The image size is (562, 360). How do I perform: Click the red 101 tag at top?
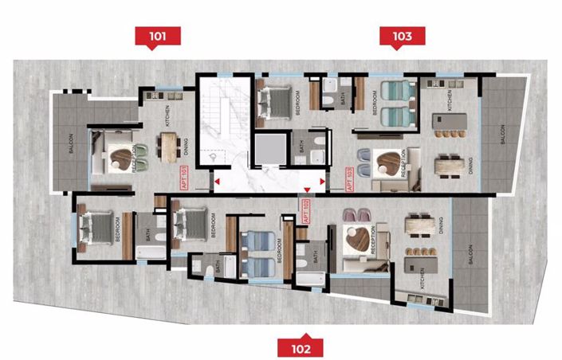pos(158,35)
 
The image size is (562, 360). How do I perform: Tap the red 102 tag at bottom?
pos(301,346)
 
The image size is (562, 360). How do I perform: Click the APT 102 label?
pos(305,212)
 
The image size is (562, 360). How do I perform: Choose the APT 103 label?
pos(349,180)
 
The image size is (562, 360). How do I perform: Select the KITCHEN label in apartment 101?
pos(167,118)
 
